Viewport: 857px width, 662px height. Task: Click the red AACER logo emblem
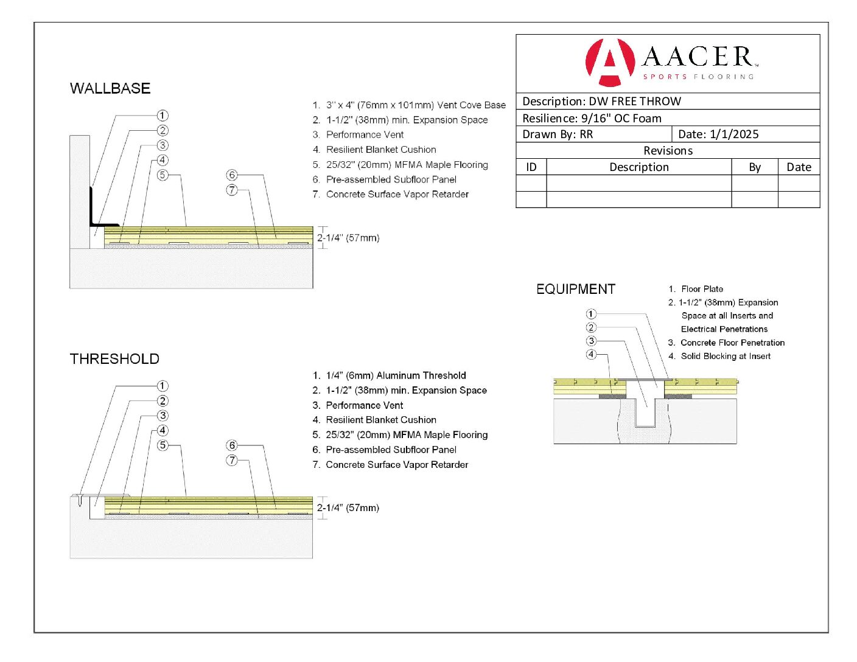tap(609, 62)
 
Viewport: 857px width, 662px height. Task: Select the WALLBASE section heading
tap(110, 88)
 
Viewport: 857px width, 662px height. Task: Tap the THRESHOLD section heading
tap(114, 359)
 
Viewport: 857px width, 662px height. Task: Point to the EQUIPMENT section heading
tap(575, 289)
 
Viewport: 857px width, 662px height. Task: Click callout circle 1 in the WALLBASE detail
tap(163, 115)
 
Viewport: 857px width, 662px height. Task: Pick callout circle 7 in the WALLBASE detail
tap(232, 190)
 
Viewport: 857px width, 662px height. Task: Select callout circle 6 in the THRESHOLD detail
tap(232, 445)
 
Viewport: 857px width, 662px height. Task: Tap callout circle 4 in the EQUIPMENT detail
tap(591, 354)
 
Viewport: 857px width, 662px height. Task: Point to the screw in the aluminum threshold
tap(80, 500)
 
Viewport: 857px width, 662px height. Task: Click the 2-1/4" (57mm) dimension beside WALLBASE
tap(348, 238)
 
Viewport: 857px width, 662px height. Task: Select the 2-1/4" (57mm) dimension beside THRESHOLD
tap(348, 507)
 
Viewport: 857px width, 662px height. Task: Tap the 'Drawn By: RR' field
tap(558, 134)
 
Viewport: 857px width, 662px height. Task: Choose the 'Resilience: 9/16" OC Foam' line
tap(592, 118)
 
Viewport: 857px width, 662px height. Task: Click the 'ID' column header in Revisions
tap(531, 167)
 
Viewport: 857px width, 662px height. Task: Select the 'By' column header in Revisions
tap(755, 167)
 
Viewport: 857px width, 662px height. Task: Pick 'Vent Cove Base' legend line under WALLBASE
tap(409, 105)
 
